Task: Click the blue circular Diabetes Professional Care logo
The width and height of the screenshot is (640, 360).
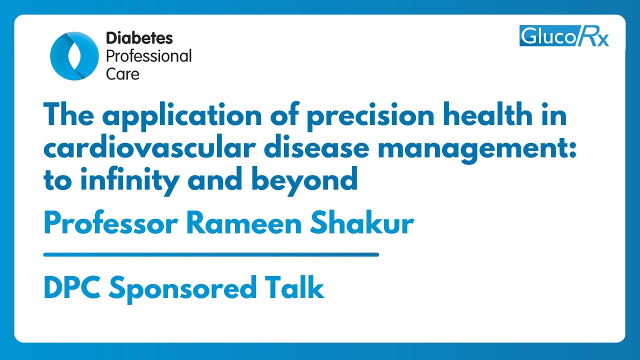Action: (74, 55)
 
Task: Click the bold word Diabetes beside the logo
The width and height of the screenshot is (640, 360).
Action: (139, 38)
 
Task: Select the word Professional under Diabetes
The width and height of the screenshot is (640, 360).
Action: (148, 56)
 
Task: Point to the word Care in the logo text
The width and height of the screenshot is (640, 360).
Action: (122, 73)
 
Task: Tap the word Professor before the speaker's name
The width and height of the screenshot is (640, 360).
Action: (110, 223)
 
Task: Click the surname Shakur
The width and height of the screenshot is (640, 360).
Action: (361, 223)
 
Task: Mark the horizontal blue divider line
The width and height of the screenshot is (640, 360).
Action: (211, 254)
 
